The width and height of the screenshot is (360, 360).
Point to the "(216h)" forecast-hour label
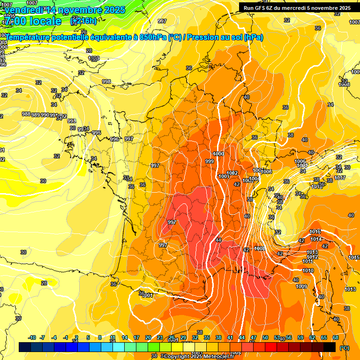click(x=83, y=21)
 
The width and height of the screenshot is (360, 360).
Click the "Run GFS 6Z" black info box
click(x=297, y=7)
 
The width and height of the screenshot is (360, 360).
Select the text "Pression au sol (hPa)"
click(x=225, y=37)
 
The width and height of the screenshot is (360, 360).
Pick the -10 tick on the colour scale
click(x=32, y=337)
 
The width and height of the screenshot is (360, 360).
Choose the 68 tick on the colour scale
click(x=336, y=337)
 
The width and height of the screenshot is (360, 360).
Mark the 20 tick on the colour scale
click(x=148, y=337)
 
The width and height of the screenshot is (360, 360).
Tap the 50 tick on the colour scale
click(x=265, y=337)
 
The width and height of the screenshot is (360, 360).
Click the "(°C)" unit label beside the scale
click(x=345, y=348)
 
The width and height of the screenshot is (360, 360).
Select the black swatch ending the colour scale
click(x=330, y=347)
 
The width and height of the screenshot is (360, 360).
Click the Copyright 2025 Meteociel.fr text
click(x=199, y=356)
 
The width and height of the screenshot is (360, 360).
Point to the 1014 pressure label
click(x=316, y=239)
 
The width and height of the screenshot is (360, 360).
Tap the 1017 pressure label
click(x=340, y=178)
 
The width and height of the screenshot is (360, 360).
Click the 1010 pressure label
click(x=308, y=270)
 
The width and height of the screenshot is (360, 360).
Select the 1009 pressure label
click(x=301, y=286)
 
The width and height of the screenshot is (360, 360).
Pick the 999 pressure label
click(x=210, y=161)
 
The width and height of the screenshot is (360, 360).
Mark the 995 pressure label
click(x=96, y=133)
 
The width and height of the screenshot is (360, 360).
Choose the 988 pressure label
click(x=26, y=114)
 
